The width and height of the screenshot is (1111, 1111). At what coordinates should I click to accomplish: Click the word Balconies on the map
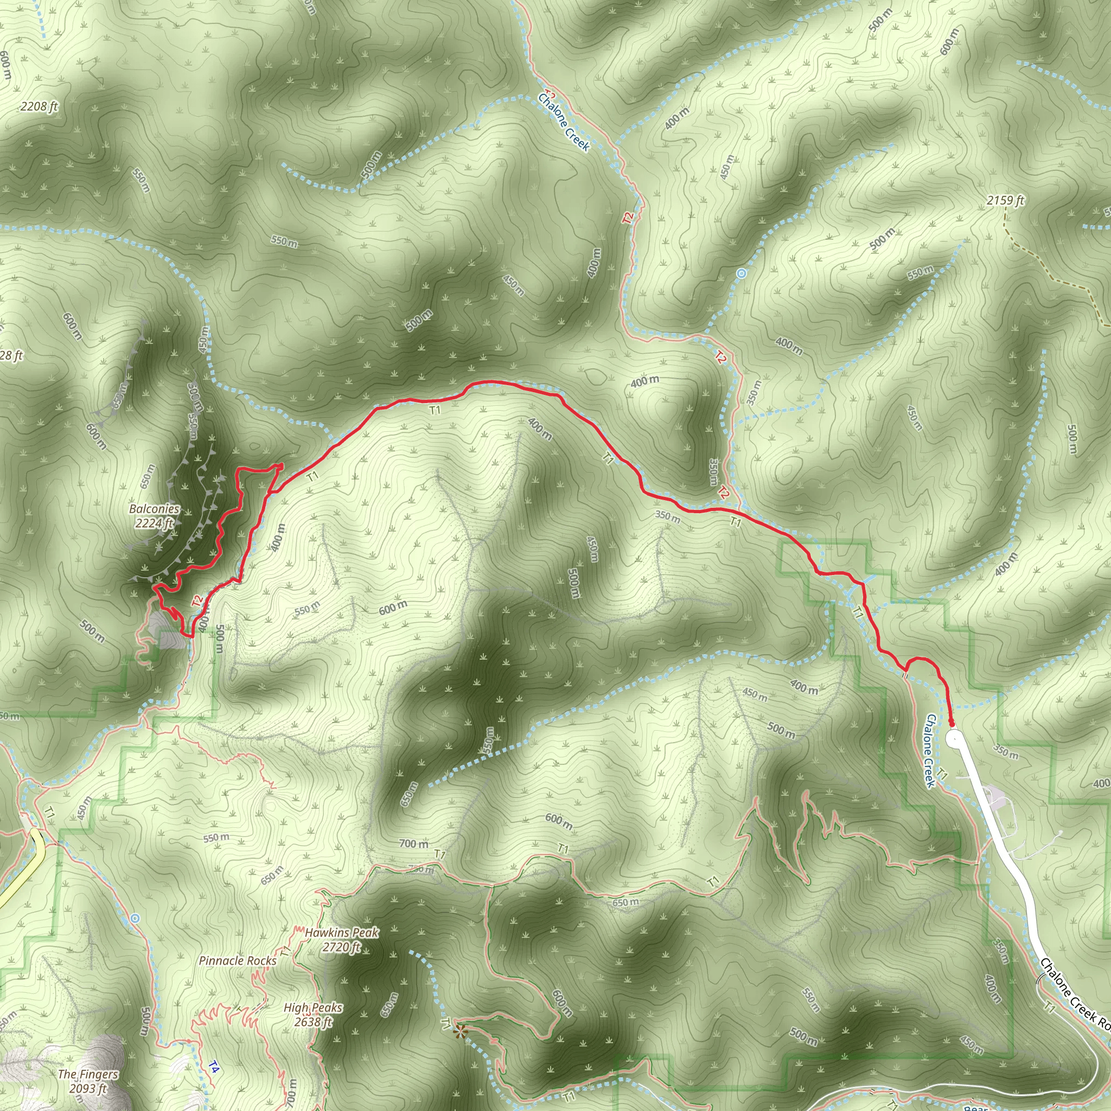[154, 509]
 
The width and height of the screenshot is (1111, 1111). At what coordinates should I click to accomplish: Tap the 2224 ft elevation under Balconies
[154, 523]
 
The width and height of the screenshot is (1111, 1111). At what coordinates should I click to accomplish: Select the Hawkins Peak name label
[342, 933]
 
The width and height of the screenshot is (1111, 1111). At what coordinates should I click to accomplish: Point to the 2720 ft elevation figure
[341, 947]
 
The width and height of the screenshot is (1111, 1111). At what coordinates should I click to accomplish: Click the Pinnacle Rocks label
[238, 961]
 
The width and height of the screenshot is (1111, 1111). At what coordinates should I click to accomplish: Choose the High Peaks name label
[313, 1008]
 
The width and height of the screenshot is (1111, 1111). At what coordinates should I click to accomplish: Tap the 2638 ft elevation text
[313, 1022]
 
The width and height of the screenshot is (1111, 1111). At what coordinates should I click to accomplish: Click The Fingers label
[88, 1074]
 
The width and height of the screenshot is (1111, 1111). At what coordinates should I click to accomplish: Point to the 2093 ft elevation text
[88, 1088]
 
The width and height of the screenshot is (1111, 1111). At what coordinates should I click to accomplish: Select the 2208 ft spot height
[39, 106]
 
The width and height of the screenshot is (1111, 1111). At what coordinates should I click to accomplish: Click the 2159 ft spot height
[1006, 200]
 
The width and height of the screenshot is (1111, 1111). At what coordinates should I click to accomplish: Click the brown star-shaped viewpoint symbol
[459, 1032]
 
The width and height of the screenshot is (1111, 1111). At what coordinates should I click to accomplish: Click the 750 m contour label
[422, 869]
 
